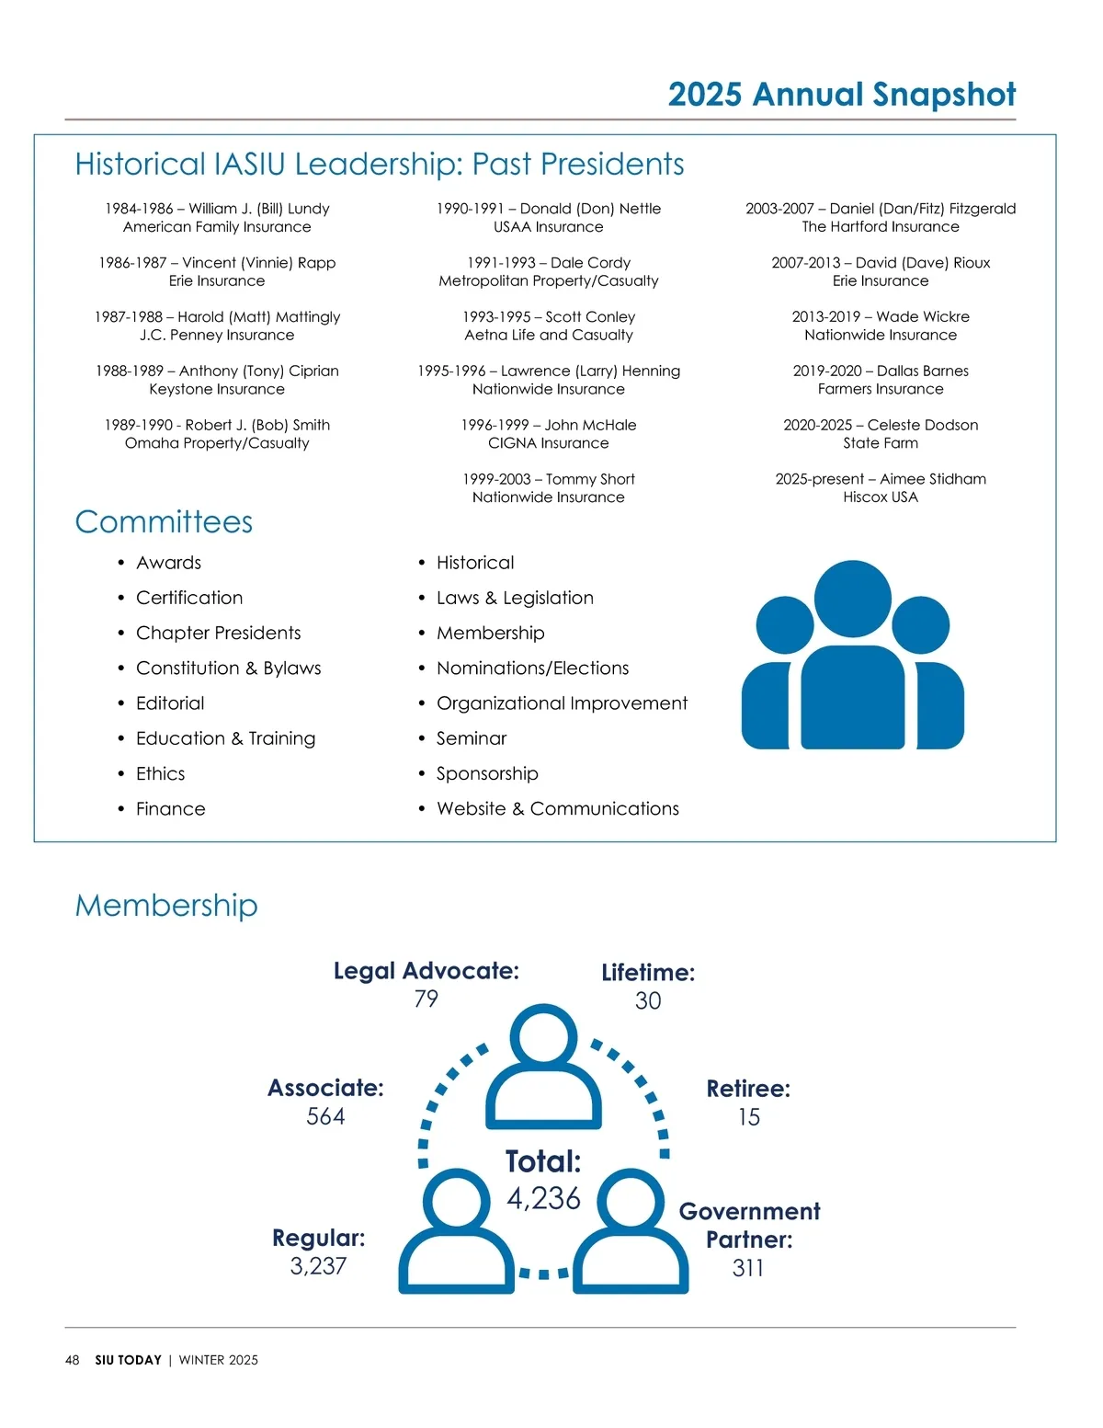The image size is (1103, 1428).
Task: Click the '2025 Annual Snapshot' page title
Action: pyautogui.click(x=841, y=95)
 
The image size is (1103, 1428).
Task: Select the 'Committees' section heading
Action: pyautogui.click(x=164, y=522)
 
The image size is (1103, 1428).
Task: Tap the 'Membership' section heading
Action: pyautogui.click(x=166, y=906)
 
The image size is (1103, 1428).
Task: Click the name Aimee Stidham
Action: pyautogui.click(x=932, y=479)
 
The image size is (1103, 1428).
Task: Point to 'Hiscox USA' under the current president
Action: pyautogui.click(x=881, y=497)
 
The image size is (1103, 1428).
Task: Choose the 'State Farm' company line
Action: pyautogui.click(x=881, y=443)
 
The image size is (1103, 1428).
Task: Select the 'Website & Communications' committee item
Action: pyautogui.click(x=557, y=809)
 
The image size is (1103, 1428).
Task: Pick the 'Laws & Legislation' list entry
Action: pyautogui.click(x=515, y=599)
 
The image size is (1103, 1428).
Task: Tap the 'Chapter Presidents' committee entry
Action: pyautogui.click(x=218, y=634)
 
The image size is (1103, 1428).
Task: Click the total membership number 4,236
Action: pyautogui.click(x=543, y=1198)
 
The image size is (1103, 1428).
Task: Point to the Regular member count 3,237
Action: pyautogui.click(x=318, y=1266)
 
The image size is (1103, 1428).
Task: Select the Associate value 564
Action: pyautogui.click(x=325, y=1116)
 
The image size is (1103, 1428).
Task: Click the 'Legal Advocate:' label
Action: pyautogui.click(x=426, y=971)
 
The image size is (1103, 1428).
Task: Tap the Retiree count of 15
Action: pyautogui.click(x=748, y=1117)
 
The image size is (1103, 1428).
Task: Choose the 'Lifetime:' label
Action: pyautogui.click(x=648, y=973)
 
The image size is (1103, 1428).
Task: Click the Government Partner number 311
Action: pyautogui.click(x=748, y=1268)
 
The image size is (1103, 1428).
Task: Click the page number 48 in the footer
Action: pyautogui.click(x=72, y=1360)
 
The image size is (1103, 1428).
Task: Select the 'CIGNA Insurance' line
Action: pyautogui.click(x=548, y=443)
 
